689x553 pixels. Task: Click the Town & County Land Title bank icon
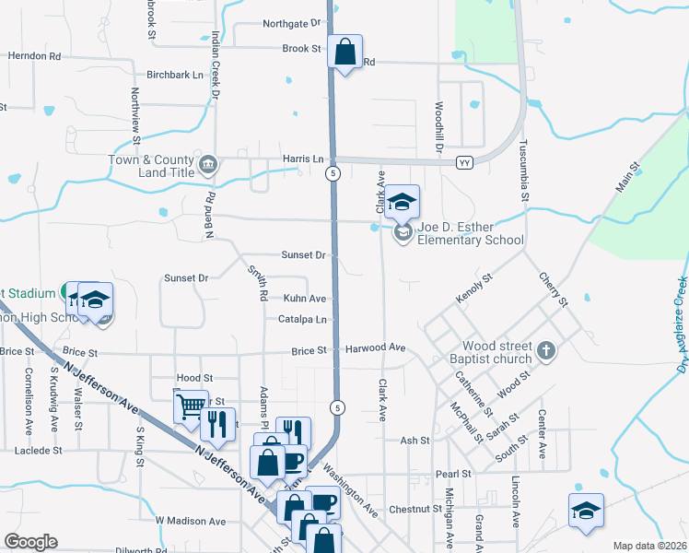(209, 166)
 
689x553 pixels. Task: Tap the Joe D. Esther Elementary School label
(470, 233)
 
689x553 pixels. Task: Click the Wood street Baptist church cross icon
(546, 350)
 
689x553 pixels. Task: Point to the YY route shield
(464, 162)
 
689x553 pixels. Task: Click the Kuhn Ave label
(304, 299)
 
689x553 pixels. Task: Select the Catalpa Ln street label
(302, 320)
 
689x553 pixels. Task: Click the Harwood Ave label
(376, 348)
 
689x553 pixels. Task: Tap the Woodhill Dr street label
(439, 127)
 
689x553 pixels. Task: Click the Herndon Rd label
(34, 56)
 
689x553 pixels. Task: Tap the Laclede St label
(38, 451)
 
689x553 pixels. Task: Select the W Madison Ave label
(190, 521)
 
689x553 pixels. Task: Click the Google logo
(30, 542)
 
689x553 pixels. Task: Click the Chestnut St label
(415, 509)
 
